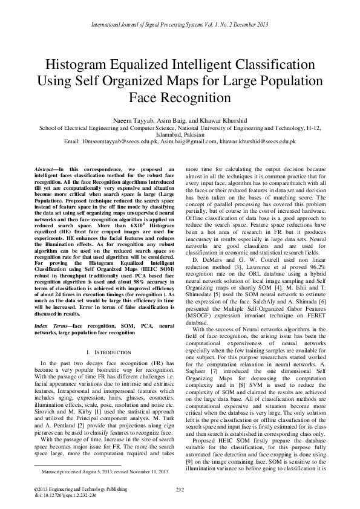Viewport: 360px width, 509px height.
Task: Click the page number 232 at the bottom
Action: tap(180, 489)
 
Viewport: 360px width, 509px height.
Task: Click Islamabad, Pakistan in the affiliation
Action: tap(180, 134)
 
